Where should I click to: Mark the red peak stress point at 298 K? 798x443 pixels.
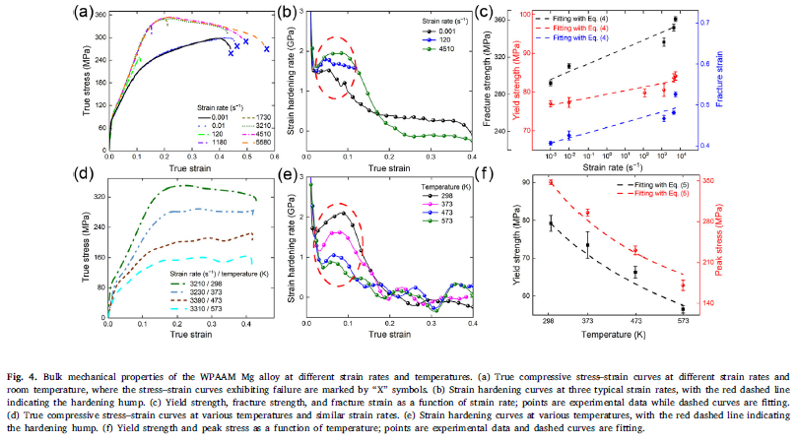point(551,182)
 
